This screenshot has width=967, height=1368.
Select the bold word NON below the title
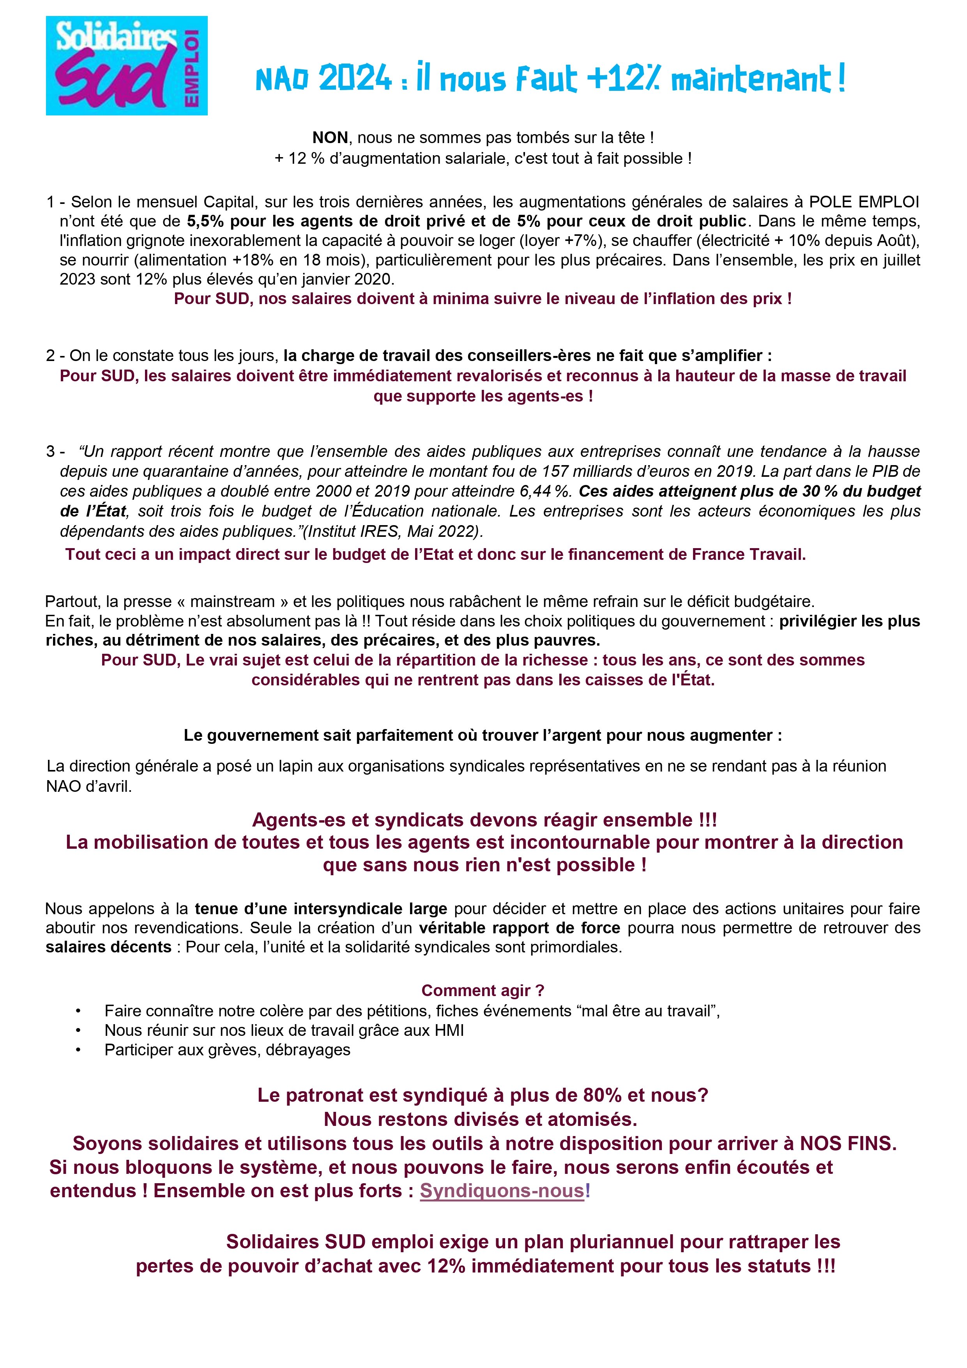pos(330,138)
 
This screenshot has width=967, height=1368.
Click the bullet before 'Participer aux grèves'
pos(78,1050)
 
